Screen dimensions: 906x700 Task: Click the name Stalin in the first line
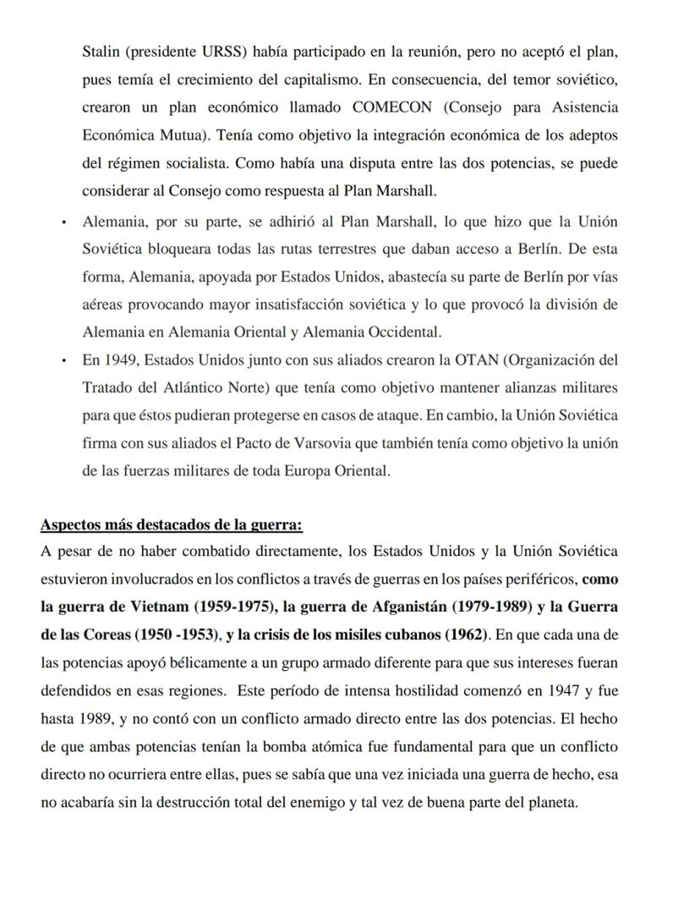pyautogui.click(x=101, y=52)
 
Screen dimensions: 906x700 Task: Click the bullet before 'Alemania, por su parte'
pyautogui.click(x=64, y=222)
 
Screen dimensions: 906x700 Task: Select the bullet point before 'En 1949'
pyautogui.click(x=64, y=360)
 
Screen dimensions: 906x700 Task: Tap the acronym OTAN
pyautogui.click(x=477, y=360)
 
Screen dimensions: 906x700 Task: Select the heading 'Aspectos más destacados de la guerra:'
pyautogui.click(x=171, y=524)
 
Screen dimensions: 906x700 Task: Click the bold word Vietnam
pyautogui.click(x=161, y=607)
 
